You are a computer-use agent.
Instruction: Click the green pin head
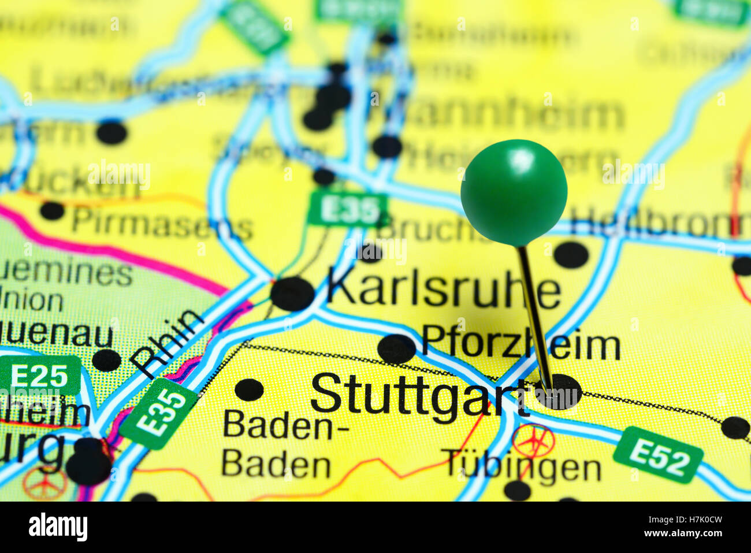(514, 191)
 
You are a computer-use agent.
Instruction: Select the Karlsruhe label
(444, 290)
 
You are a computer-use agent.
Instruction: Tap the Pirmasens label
(162, 224)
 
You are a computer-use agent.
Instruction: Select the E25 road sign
(40, 376)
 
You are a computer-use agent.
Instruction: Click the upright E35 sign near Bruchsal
(347, 209)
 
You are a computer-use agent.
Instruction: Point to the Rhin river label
(167, 343)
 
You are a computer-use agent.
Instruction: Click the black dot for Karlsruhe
(292, 294)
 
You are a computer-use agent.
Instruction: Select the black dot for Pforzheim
(396, 349)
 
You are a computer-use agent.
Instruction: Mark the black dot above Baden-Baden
(249, 390)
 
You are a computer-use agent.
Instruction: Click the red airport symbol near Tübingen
(533, 440)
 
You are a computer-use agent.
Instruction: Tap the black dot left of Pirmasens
(52, 210)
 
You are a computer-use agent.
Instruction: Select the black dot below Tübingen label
(517, 491)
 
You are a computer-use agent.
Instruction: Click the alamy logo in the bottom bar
(58, 527)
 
